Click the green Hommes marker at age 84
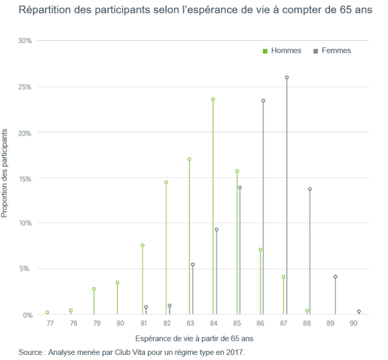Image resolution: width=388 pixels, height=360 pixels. coord(213,99)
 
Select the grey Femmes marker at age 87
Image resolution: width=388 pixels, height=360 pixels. coord(287,78)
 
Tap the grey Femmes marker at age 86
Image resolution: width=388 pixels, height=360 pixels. coord(263,101)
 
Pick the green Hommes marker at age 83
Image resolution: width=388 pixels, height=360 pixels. coord(189,159)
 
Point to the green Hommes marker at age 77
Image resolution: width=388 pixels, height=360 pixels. coord(47,313)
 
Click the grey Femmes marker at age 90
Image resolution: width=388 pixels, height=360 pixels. coord(359,311)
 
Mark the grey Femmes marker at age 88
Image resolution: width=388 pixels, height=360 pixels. coord(310,189)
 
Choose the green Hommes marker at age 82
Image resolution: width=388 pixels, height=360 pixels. coord(166,182)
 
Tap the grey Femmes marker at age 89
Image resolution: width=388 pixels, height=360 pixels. coord(335,276)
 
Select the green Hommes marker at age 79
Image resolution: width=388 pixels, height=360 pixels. coord(94,289)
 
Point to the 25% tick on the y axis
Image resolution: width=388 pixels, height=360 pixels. coord(25,87)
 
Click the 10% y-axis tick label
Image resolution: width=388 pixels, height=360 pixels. coord(25,223)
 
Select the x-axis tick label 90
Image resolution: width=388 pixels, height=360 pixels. coord(355,322)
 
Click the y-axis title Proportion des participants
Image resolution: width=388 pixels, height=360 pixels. coord(5,173)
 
